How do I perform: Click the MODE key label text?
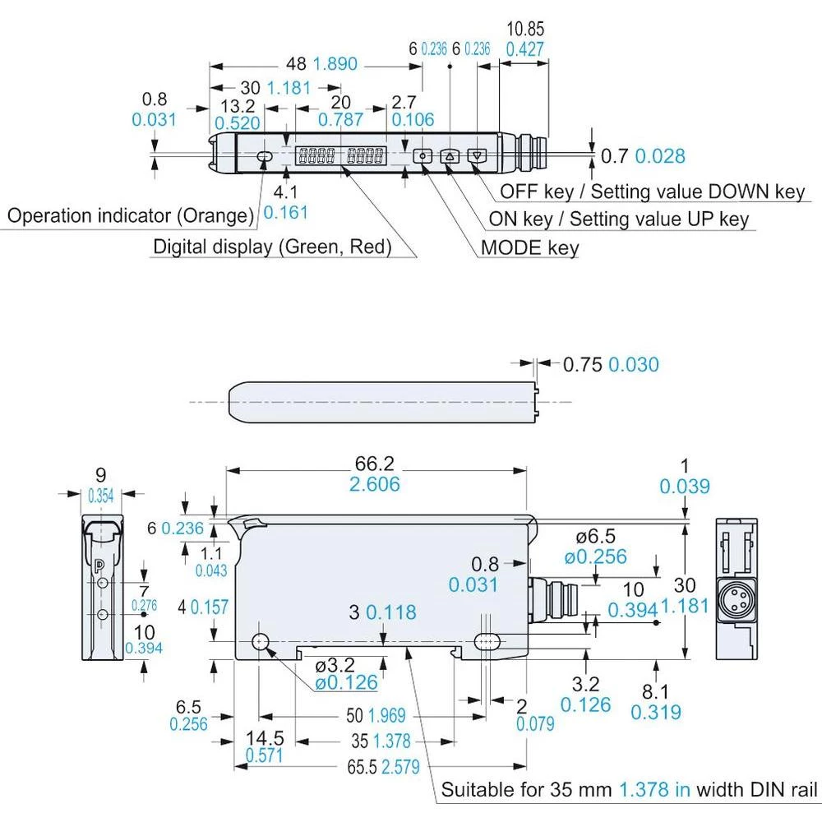[x=529, y=247]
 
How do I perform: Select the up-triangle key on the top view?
[x=450, y=156]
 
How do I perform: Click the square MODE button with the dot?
[x=423, y=156]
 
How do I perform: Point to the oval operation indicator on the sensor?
[x=265, y=156]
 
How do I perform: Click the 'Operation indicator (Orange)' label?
[x=130, y=216]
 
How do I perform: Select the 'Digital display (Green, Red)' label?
[x=272, y=247]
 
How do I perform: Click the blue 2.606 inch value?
[x=375, y=484]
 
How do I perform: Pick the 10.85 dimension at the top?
[x=524, y=29]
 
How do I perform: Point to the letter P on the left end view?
[x=99, y=565]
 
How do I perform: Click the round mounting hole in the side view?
[x=262, y=642]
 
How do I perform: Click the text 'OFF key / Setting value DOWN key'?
[x=653, y=192]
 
